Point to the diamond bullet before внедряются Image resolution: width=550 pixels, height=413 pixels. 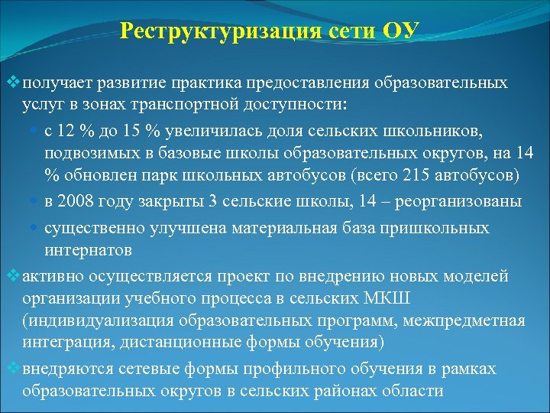point(11,369)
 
